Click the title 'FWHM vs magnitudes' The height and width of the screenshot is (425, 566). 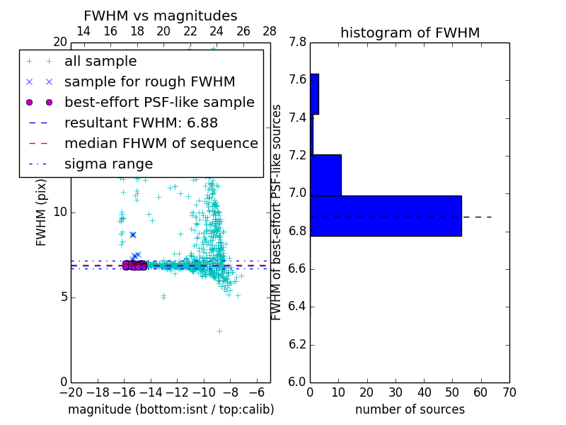[160, 16]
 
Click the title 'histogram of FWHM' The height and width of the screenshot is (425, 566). [410, 33]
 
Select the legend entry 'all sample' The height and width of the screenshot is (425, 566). [100, 62]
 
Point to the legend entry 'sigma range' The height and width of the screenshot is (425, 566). [108, 164]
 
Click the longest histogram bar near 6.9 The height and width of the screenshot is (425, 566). [386, 215]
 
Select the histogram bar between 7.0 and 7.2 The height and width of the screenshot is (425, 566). [325, 175]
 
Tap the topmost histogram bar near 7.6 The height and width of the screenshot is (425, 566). [314, 93]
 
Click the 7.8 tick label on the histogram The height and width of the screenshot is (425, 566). [299, 42]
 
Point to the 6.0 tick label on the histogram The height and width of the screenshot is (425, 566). [299, 382]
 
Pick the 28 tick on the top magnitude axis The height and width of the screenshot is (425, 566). [270, 31]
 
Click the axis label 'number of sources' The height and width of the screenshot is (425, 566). [410, 409]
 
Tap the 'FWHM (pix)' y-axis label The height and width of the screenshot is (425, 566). [42, 212]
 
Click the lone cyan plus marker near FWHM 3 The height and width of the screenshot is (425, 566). [219, 331]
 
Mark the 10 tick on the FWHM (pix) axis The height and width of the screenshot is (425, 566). [60, 212]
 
